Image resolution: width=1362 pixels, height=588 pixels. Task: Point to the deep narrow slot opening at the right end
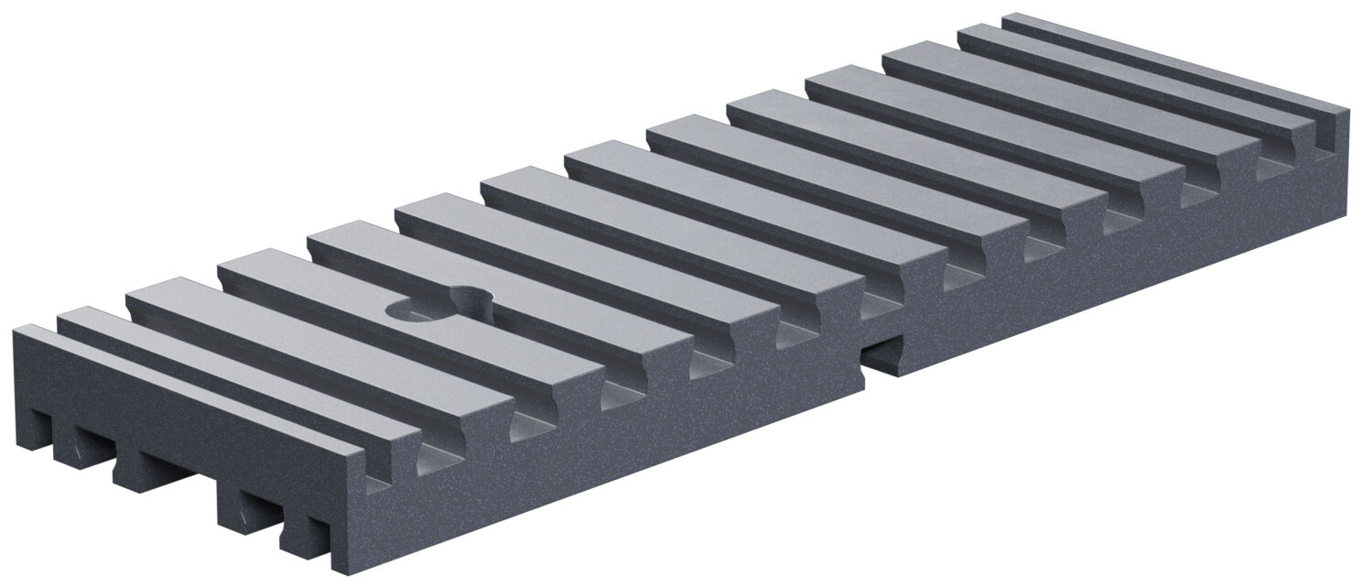pos(1324,137)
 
